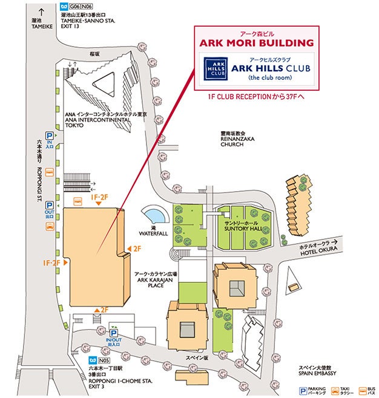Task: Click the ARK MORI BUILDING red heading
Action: pos(257,43)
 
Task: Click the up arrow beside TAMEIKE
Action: pos(41,11)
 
